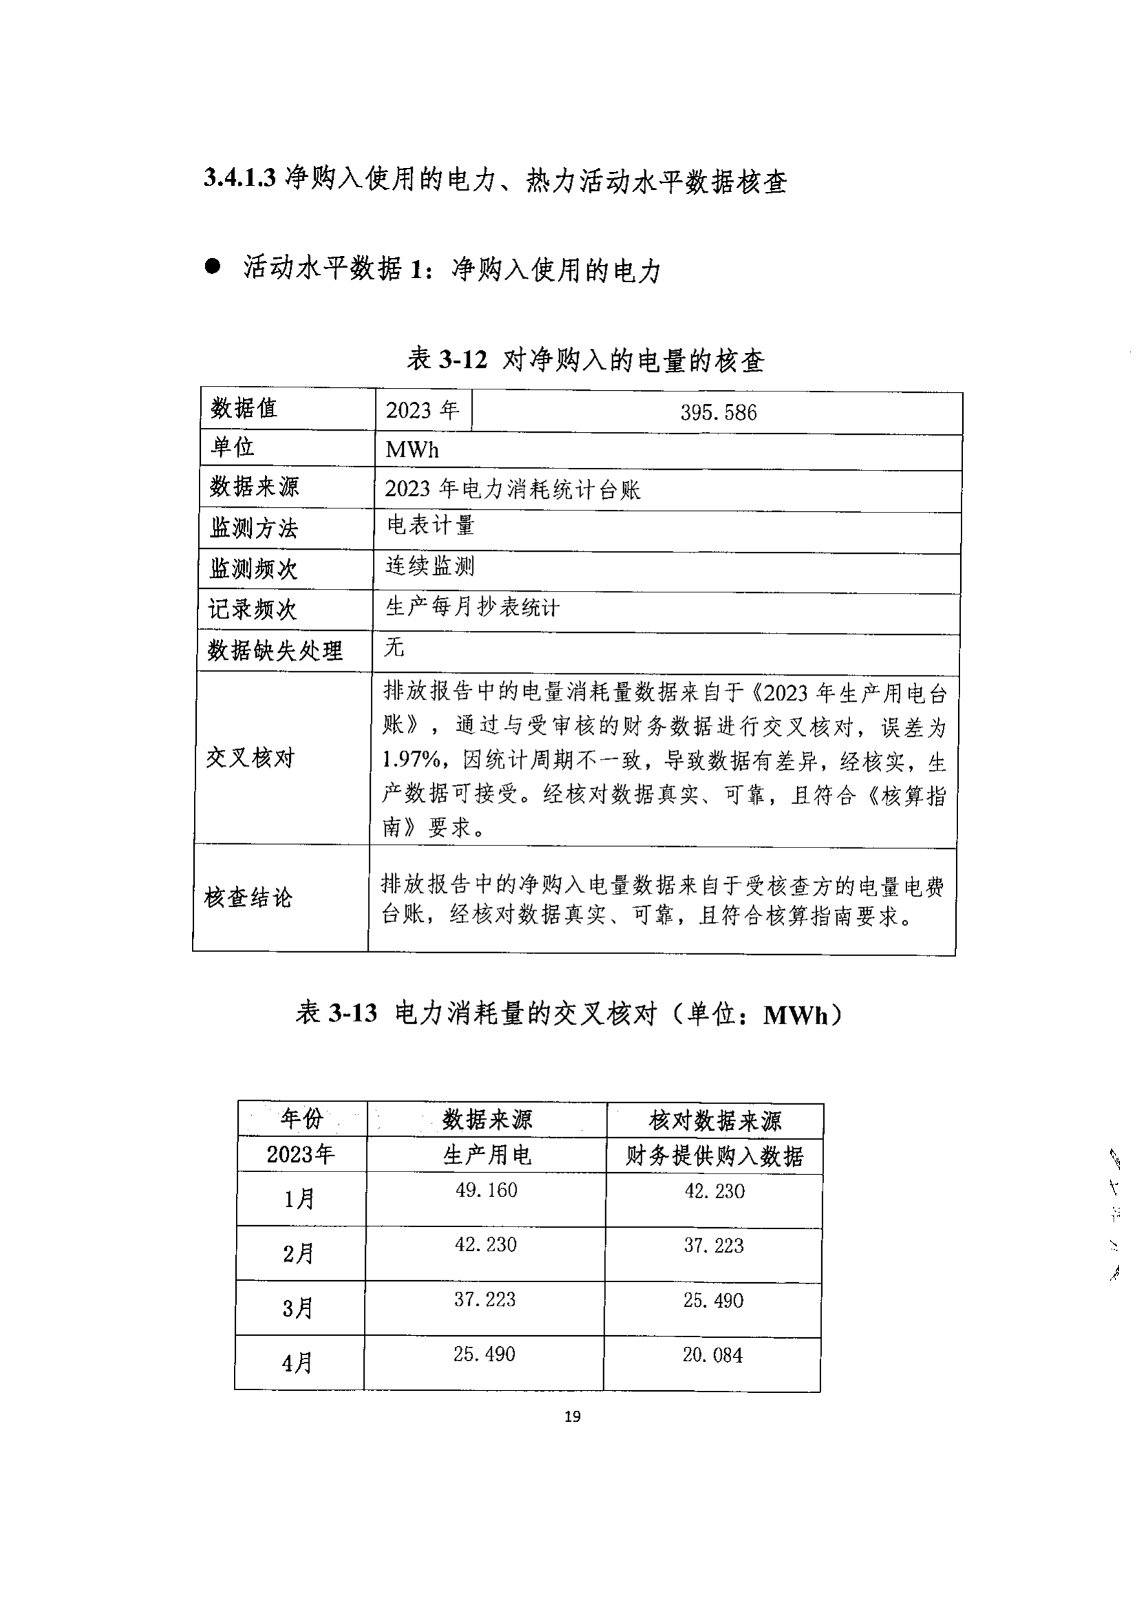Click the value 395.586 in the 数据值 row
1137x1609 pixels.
(x=718, y=412)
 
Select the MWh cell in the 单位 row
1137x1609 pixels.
(x=412, y=450)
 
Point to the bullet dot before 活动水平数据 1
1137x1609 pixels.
(x=213, y=266)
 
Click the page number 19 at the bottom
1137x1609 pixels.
(x=572, y=1416)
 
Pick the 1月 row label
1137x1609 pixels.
(x=299, y=1199)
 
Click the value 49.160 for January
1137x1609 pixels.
(x=486, y=1190)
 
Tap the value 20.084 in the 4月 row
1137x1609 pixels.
(x=713, y=1354)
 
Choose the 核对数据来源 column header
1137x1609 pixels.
(x=715, y=1121)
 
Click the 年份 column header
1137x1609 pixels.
(x=302, y=1119)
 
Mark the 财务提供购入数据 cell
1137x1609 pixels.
(x=714, y=1156)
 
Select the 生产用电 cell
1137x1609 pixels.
(x=487, y=1155)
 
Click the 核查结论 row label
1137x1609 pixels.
(x=248, y=898)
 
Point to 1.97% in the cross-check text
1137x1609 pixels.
(x=411, y=759)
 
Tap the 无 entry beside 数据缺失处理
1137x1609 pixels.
(x=394, y=647)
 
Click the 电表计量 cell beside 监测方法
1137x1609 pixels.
(x=431, y=525)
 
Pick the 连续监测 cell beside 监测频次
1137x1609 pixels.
(x=430, y=565)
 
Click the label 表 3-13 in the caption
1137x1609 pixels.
(x=336, y=1013)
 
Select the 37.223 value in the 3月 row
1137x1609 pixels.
(x=485, y=1299)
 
